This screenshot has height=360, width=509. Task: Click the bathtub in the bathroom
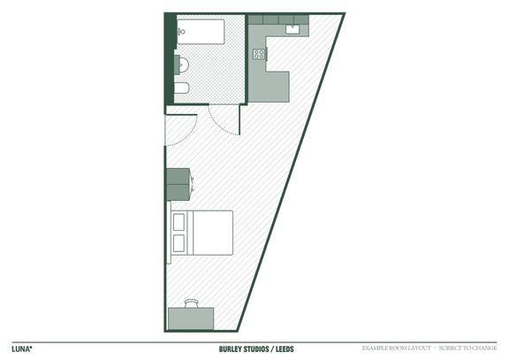[x=200, y=32]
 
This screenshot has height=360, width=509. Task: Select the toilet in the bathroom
[x=181, y=88]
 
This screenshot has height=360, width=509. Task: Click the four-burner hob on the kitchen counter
[x=259, y=55]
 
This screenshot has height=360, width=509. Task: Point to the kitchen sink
[x=293, y=29]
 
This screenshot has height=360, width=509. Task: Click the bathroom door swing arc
[x=224, y=121]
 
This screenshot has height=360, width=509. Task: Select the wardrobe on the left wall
[x=178, y=184]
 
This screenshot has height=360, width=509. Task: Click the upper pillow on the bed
[x=179, y=221]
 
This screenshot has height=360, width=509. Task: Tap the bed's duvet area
[x=211, y=233]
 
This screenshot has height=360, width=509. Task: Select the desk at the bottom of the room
[x=191, y=318]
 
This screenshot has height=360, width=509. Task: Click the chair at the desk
[x=192, y=303]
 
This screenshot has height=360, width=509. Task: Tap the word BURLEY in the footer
[x=233, y=349]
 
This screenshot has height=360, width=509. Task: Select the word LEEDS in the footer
[x=284, y=349]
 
